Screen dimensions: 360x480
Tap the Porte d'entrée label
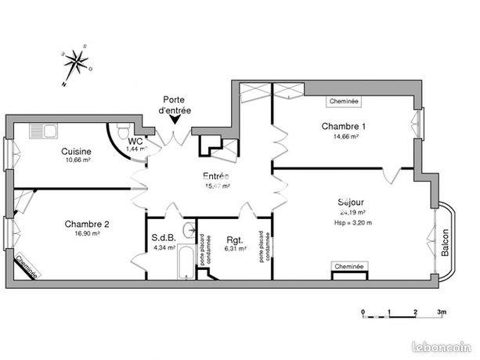click(x=174, y=105)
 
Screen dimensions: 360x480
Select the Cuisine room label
click(x=77, y=152)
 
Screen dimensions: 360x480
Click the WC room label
click(x=135, y=141)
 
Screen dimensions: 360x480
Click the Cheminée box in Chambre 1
click(x=345, y=101)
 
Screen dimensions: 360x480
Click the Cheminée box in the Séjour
click(x=348, y=267)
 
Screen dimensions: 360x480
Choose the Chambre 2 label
click(x=86, y=223)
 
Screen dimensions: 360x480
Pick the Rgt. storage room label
click(x=235, y=239)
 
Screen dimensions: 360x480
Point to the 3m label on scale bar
click(x=442, y=312)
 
